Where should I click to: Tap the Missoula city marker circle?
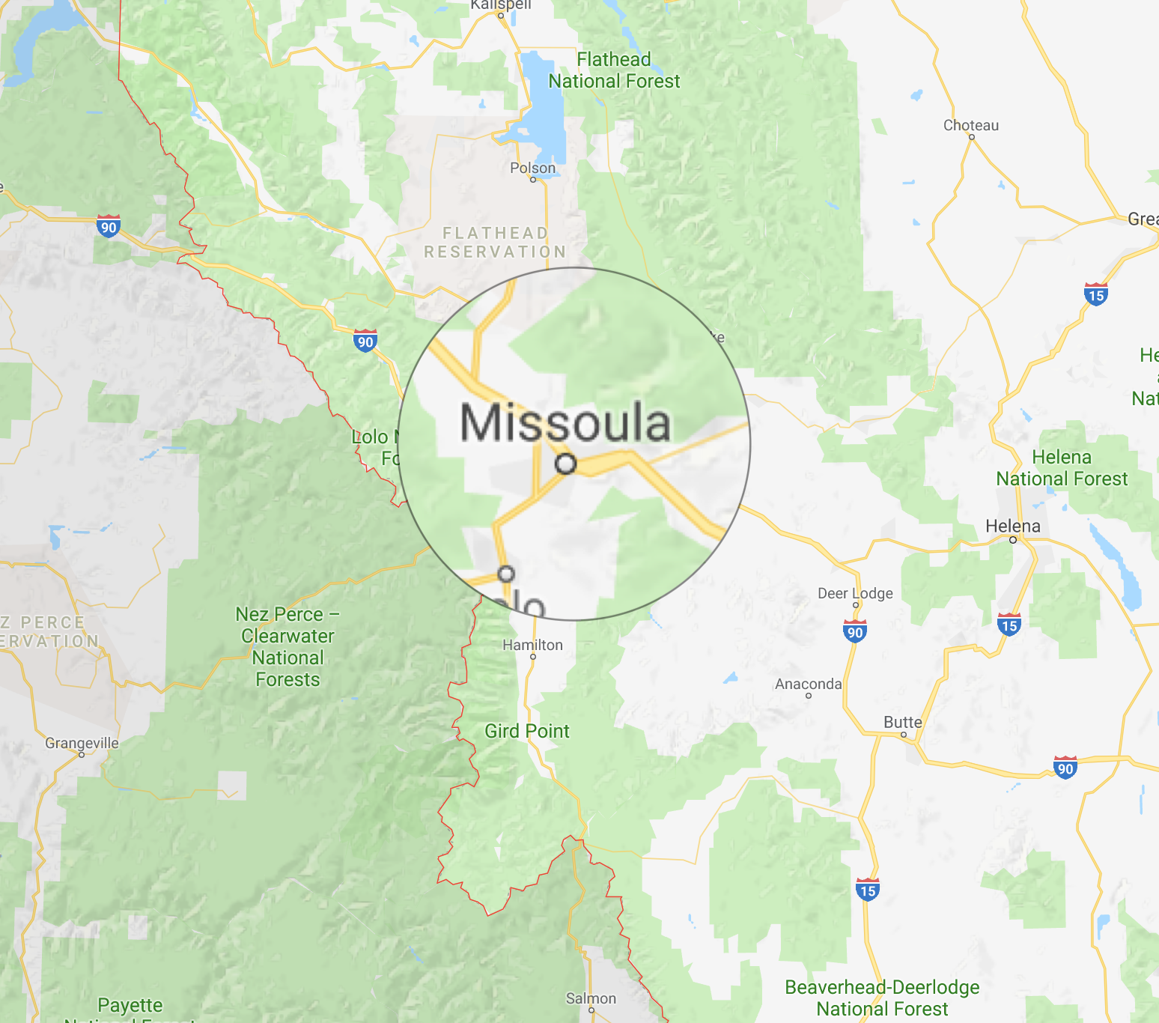click(566, 464)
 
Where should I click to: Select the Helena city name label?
click(1012, 526)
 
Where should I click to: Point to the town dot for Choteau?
click(972, 137)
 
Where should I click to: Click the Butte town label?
click(902, 723)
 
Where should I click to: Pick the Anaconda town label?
click(808, 684)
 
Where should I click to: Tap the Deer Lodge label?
click(855, 593)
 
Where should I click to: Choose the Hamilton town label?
click(532, 645)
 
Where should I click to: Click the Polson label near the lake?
click(532, 168)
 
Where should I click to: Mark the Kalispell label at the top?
click(501, 5)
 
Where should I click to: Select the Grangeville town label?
click(82, 743)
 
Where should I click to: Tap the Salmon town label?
click(591, 998)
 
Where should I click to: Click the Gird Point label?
click(527, 731)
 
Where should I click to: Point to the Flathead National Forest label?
click(614, 70)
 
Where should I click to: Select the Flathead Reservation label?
click(495, 243)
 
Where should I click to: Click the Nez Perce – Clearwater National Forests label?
click(288, 647)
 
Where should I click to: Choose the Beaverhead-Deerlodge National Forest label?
click(882, 998)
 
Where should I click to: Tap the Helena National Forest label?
click(1062, 468)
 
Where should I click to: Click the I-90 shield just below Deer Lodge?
click(854, 631)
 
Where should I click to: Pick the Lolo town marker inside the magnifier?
click(507, 574)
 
